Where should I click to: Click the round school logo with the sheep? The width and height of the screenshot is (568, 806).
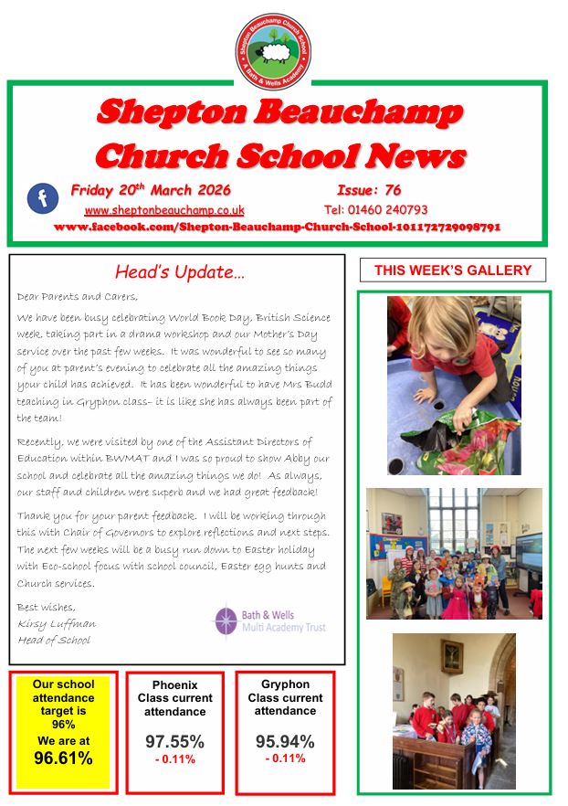pos(273,51)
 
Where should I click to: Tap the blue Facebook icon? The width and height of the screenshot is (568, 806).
pos(42,198)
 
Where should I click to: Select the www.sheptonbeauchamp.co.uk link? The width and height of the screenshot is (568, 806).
pos(164,210)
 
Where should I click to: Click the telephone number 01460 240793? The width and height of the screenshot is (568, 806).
pos(375,210)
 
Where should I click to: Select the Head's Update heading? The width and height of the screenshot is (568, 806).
pos(180,271)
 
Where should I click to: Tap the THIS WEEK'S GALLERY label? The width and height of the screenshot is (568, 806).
pos(453,270)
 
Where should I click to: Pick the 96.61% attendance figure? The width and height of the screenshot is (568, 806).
pos(63,758)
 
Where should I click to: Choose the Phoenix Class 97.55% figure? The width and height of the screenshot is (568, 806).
pos(174,741)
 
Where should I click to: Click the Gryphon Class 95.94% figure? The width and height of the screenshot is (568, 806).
pos(285,741)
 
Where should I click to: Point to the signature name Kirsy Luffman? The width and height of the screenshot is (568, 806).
pos(57,623)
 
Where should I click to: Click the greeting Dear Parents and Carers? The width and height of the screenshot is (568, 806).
pos(77,296)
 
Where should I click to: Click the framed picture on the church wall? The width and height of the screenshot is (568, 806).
pos(452,656)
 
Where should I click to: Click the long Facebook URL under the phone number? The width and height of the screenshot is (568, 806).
pos(278,227)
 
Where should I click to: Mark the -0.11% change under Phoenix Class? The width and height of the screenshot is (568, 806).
pos(174,759)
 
